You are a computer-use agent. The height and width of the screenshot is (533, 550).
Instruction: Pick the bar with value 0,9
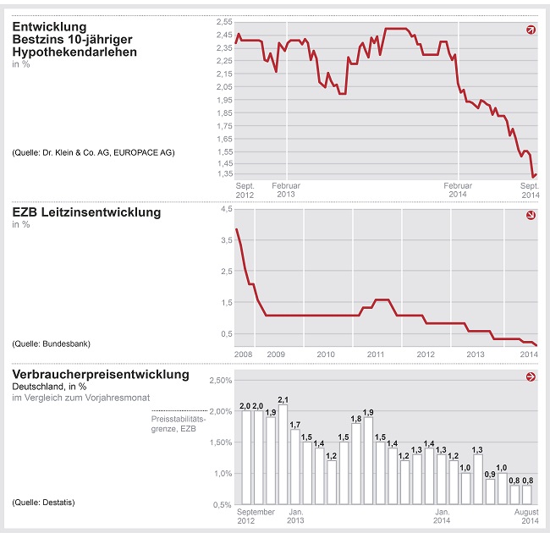[x=490, y=492]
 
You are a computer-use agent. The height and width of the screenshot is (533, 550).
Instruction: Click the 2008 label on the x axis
[x=243, y=353]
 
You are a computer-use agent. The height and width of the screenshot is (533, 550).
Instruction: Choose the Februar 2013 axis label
[x=286, y=190]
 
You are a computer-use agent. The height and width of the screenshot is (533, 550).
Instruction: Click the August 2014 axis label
[x=526, y=515]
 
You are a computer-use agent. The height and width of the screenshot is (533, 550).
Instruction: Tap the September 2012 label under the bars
[x=256, y=515]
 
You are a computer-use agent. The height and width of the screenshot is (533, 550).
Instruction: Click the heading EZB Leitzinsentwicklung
[x=86, y=212]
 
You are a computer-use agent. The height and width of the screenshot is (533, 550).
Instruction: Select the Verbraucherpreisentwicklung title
[x=101, y=375]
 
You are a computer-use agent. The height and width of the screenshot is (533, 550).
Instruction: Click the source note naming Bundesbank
[x=51, y=344]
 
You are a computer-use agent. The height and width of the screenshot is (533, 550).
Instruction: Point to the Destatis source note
[x=44, y=503]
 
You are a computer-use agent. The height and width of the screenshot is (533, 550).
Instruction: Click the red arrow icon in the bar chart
[x=531, y=377]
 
